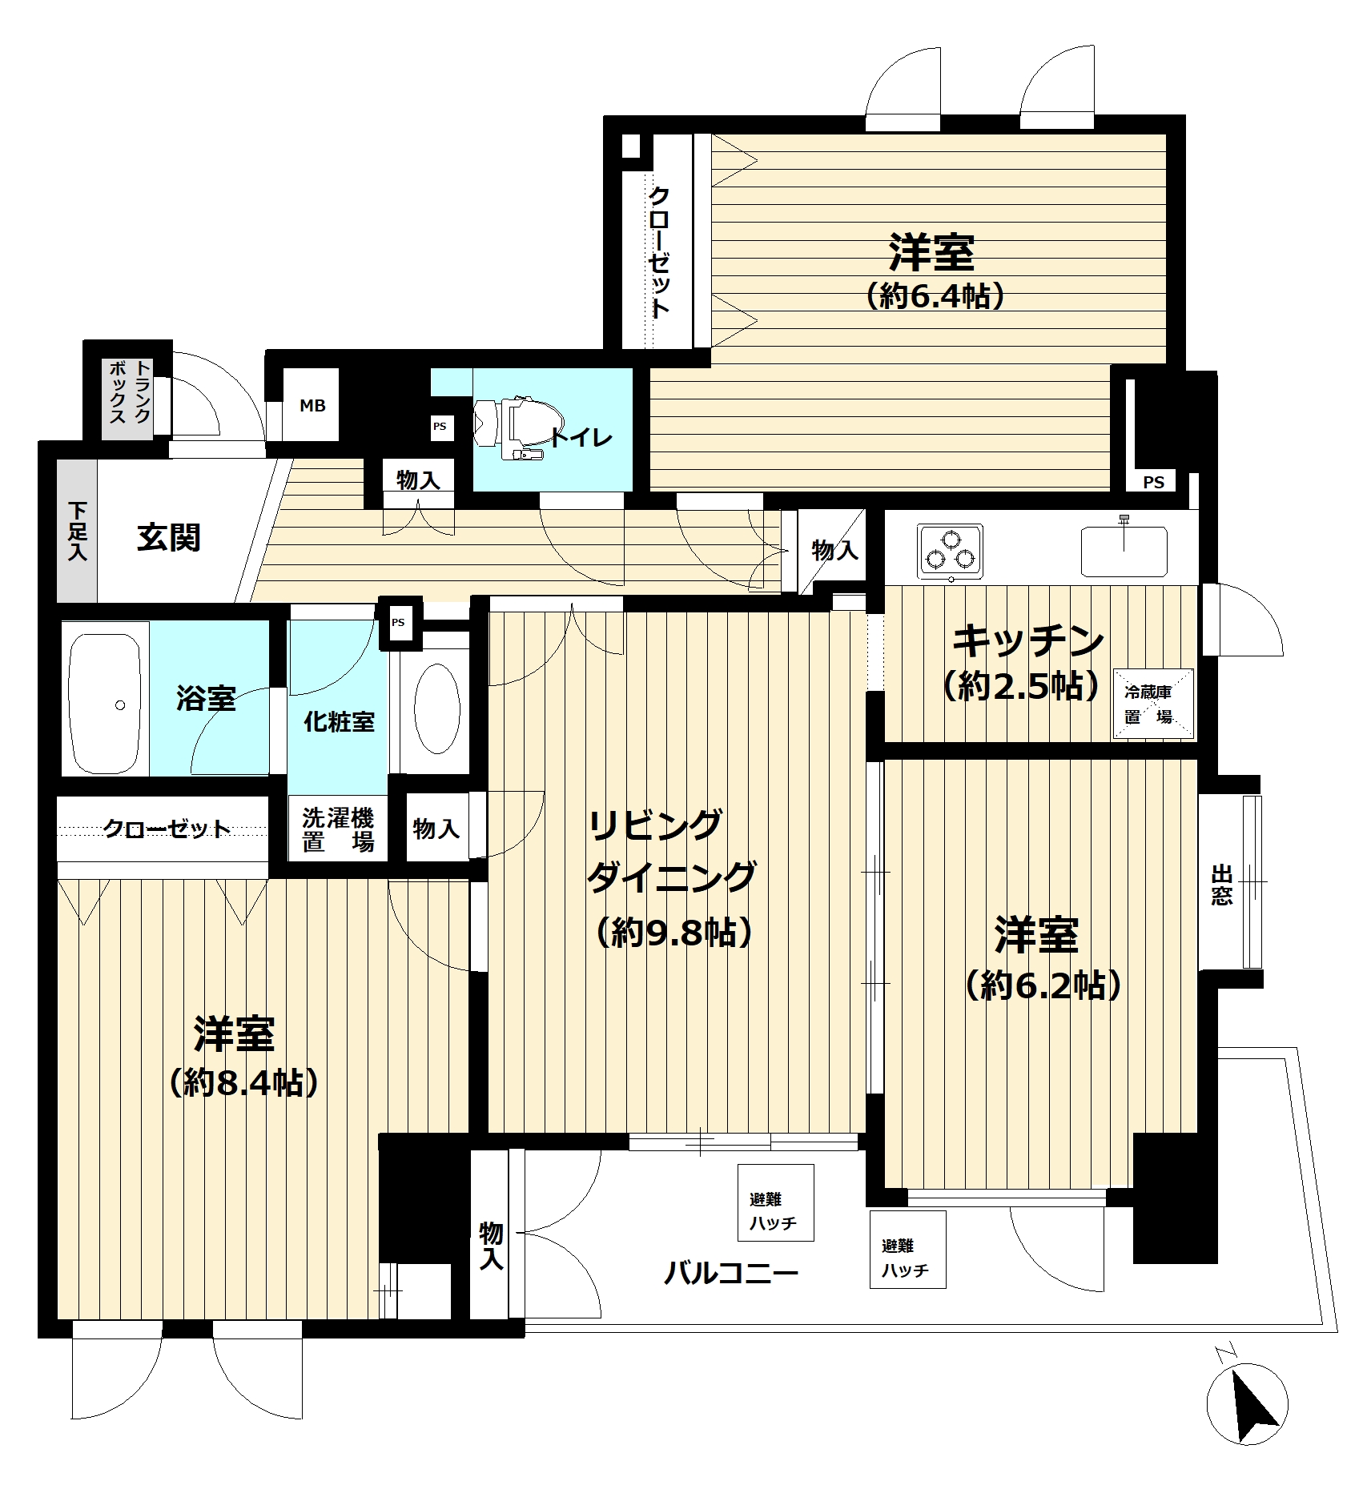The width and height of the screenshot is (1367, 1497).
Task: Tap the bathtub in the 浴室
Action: pyautogui.click(x=106, y=704)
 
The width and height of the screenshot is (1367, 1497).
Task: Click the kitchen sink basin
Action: pyautogui.click(x=1124, y=550)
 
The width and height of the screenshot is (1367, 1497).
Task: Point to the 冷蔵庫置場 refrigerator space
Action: pyautogui.click(x=1154, y=704)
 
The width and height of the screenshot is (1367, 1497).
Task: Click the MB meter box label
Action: pyautogui.click(x=312, y=406)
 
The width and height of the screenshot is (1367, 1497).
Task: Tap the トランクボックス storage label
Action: pyautogui.click(x=130, y=392)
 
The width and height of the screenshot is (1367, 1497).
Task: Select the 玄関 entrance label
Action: pyautogui.click(x=168, y=537)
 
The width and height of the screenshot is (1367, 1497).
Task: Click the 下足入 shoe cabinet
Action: pyautogui.click(x=77, y=531)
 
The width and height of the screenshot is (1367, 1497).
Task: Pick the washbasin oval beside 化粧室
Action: pyautogui.click(x=437, y=709)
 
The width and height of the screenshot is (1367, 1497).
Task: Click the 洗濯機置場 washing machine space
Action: pyautogui.click(x=338, y=830)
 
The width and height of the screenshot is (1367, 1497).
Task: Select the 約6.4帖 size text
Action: pyautogui.click(x=935, y=298)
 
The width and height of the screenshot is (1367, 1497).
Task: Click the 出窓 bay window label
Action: pyautogui.click(x=1222, y=884)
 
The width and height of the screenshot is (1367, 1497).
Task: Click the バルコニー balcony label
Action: pyautogui.click(x=731, y=1273)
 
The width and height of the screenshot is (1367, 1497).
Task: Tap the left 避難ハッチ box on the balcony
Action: pyautogui.click(x=775, y=1203)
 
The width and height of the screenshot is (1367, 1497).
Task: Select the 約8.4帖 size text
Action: pyautogui.click(x=244, y=1083)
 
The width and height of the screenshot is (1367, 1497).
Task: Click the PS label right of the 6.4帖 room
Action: pyautogui.click(x=1153, y=483)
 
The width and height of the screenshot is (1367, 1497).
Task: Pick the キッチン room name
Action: pyautogui.click(x=1028, y=640)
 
